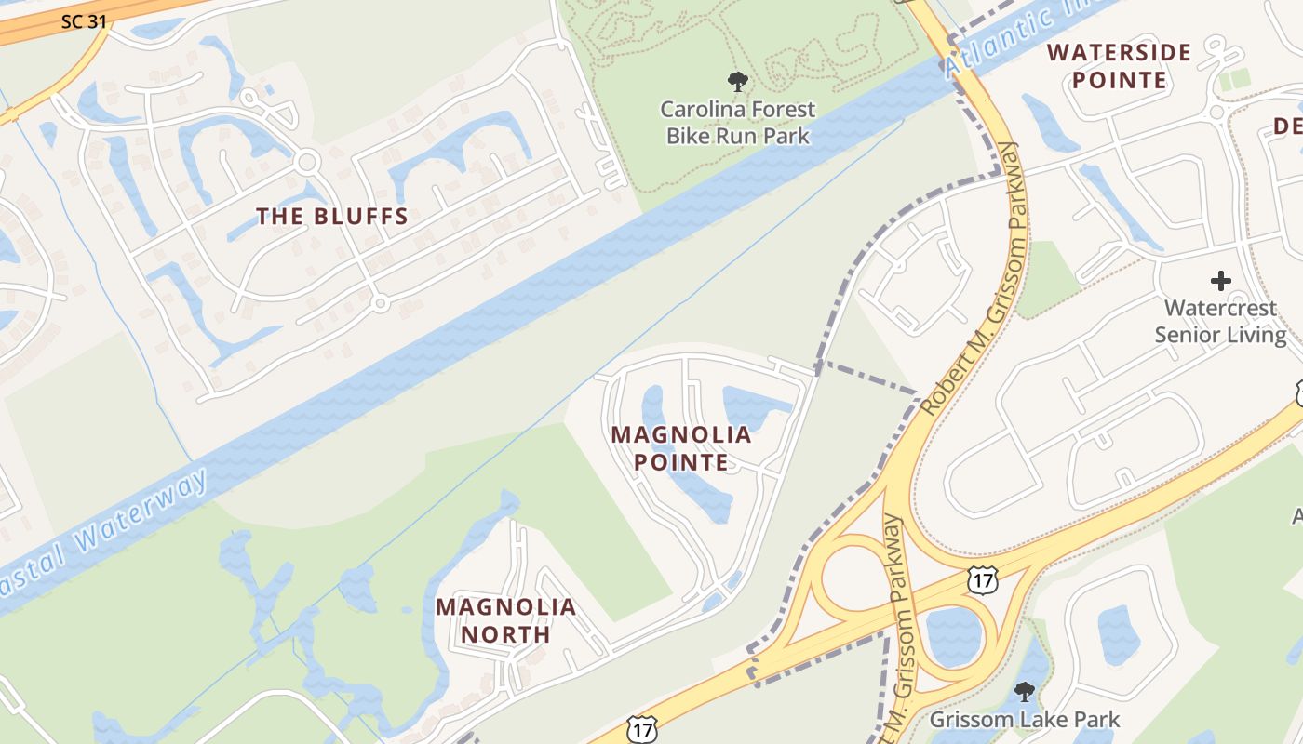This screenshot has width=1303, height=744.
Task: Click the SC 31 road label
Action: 84,20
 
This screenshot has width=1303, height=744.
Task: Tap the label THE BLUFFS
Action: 332,217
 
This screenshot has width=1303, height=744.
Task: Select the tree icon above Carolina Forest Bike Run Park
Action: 738,82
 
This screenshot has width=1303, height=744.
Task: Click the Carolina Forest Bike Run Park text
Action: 737,123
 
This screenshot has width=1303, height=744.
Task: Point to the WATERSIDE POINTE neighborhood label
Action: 1120,66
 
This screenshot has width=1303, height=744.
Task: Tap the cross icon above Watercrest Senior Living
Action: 1220,280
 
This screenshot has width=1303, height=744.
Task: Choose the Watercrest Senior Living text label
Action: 1220,321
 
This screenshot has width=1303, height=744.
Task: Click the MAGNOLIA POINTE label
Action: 681,447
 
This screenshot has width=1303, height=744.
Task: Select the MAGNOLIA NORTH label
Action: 506,620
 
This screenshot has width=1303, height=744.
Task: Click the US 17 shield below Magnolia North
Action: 642,729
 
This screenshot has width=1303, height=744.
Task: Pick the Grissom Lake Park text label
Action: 1025,719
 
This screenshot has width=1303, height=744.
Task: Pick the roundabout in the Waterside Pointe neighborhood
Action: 1216,113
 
